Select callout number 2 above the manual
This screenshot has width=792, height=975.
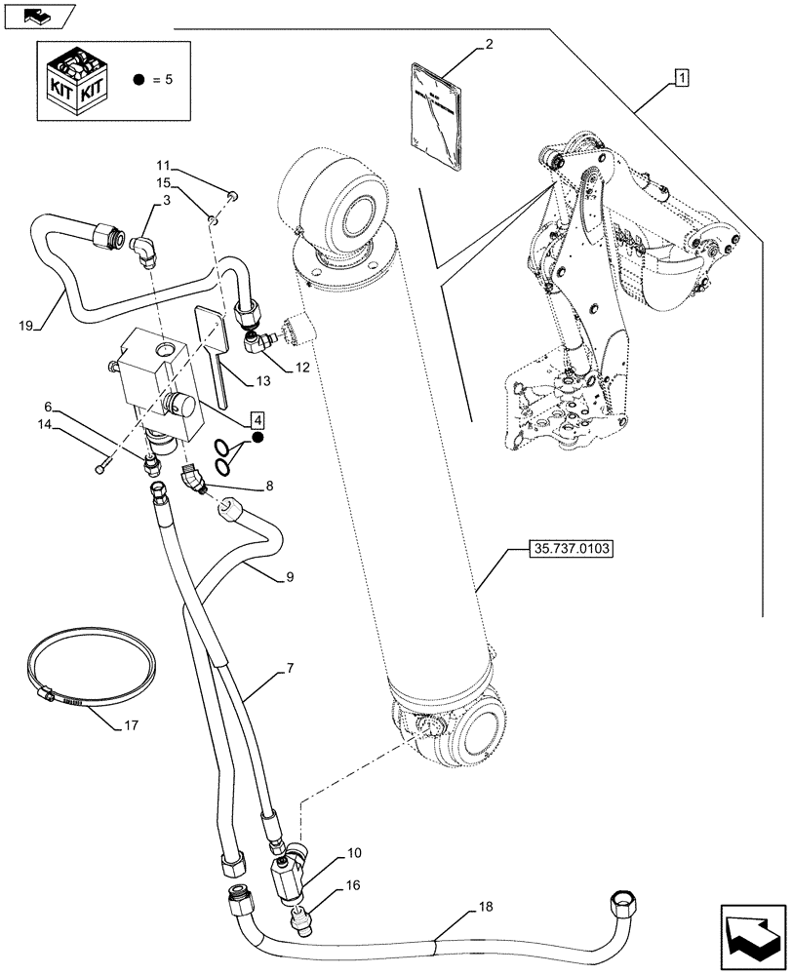[489, 44]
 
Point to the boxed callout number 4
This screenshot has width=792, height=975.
[256, 420]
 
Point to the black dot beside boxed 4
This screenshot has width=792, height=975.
[257, 440]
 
